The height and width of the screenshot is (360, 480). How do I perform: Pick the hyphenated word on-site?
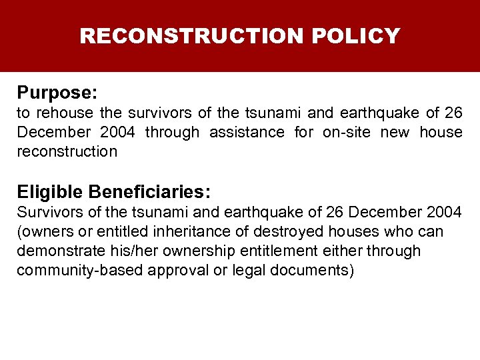pyautogui.click(x=346, y=132)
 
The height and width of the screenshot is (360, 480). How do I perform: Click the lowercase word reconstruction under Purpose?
pyautogui.click(x=67, y=151)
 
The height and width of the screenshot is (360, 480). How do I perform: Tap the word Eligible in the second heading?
pyautogui.click(x=51, y=193)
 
